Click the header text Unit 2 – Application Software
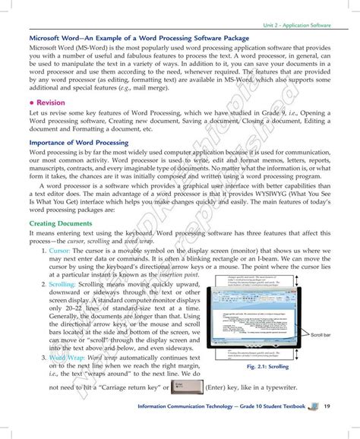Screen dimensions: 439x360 [x=295, y=25]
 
